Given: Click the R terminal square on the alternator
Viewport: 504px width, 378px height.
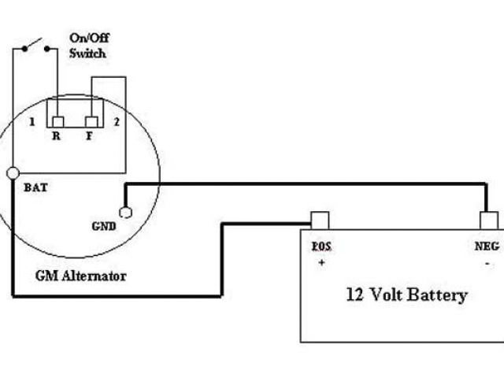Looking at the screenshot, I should [57, 121].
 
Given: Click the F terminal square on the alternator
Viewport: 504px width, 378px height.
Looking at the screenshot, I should [91, 121].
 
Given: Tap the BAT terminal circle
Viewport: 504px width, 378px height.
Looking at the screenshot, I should [13, 173].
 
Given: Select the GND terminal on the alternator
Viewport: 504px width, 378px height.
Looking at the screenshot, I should [124, 212].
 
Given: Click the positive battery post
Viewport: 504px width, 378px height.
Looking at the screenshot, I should [319, 220].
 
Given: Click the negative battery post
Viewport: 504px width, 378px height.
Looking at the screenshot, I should [489, 220].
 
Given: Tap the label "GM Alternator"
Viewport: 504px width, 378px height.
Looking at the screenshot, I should [80, 276].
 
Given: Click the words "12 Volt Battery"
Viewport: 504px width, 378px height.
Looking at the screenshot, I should [406, 295].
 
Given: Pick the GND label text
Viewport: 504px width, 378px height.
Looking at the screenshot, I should [103, 225].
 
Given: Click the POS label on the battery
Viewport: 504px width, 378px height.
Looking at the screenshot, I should [321, 246].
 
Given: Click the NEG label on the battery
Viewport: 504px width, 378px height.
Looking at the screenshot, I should [487, 246].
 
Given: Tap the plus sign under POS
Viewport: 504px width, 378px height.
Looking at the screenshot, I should [321, 263].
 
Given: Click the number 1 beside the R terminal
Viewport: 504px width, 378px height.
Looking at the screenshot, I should [31, 122].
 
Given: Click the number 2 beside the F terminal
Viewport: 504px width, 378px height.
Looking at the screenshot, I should [116, 122].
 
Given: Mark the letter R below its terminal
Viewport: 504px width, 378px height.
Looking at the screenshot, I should [57, 136].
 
